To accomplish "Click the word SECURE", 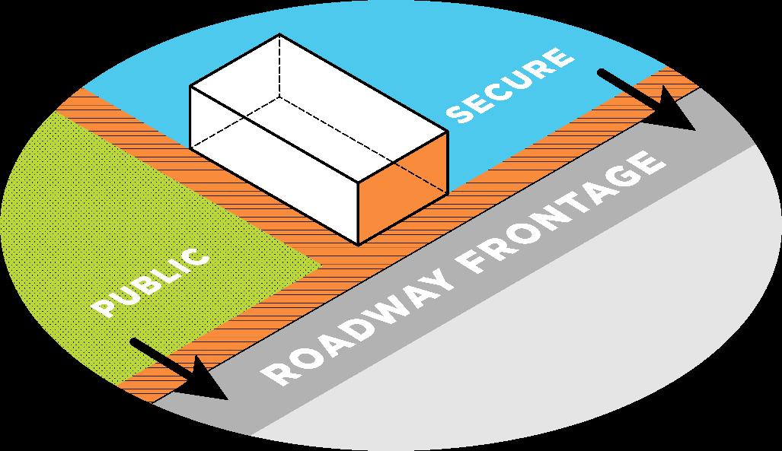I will (509, 85).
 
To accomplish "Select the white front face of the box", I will (274, 167).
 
